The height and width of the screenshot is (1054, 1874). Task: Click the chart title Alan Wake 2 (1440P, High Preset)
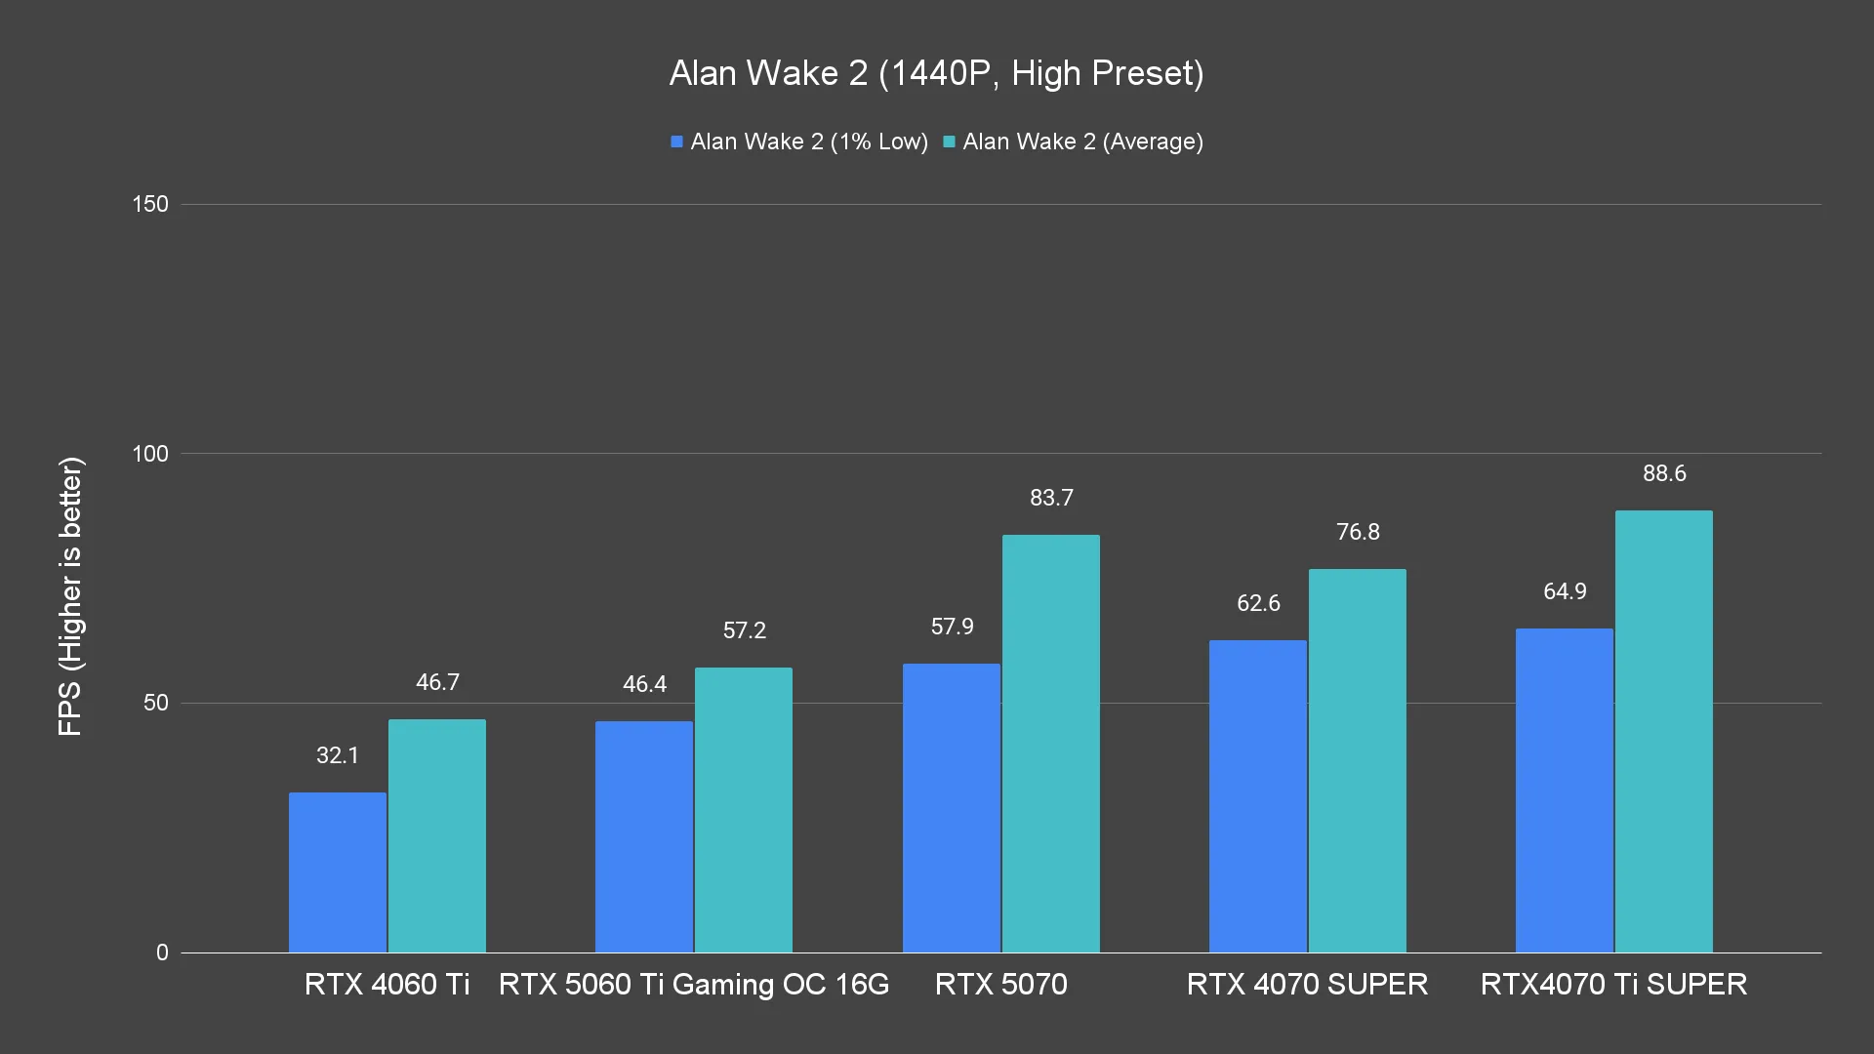(936, 73)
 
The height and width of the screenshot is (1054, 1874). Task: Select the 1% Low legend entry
(799, 142)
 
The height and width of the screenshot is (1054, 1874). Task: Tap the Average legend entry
(1073, 142)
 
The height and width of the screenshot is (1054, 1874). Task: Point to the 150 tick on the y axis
(150, 205)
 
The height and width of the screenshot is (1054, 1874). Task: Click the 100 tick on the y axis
(150, 454)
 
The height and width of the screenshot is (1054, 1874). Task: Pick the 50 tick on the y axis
(156, 704)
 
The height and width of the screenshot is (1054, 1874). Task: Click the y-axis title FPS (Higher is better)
(71, 596)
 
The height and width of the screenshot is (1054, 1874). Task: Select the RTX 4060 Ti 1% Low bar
(338, 872)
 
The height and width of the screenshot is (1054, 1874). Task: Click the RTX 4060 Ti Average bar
(437, 836)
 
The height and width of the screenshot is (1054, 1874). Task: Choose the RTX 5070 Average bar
(1051, 744)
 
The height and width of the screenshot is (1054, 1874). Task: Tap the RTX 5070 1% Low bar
(952, 808)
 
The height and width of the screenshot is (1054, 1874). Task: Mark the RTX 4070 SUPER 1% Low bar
(1258, 796)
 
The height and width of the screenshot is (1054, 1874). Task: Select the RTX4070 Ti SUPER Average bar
(1664, 732)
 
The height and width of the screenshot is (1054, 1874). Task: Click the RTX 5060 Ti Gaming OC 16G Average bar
(744, 810)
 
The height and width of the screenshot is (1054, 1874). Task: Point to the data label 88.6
(1664, 474)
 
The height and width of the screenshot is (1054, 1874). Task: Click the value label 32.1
(338, 756)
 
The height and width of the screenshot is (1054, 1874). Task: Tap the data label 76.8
(1358, 533)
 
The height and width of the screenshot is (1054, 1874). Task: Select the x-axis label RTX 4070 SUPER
(1307, 985)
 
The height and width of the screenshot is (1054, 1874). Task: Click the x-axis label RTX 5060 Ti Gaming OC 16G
(694, 985)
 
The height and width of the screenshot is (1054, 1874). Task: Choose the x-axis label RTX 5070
(1000, 985)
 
